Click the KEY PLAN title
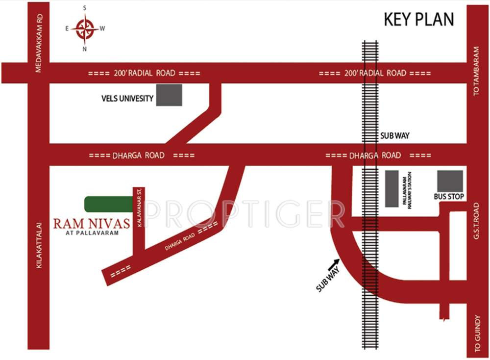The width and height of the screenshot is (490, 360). tap(418, 20)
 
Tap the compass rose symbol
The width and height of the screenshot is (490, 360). tap(85, 28)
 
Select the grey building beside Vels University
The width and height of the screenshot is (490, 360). tap(170, 95)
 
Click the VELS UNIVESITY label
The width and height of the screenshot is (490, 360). tap(127, 99)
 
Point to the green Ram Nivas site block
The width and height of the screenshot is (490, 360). tap(108, 204)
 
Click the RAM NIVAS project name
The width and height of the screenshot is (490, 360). tap(92, 224)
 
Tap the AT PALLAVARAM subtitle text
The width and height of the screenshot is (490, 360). tap(93, 233)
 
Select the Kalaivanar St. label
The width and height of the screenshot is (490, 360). tap(140, 206)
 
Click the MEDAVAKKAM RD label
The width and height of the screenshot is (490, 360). tap(39, 44)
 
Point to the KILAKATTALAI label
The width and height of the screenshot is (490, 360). tap(39, 245)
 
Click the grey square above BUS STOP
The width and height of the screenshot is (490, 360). tap(450, 181)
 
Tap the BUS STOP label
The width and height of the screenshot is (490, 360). tap(449, 197)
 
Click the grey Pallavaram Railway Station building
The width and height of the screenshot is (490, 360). tap(392, 188)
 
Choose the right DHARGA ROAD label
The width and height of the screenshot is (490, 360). tap(375, 155)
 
